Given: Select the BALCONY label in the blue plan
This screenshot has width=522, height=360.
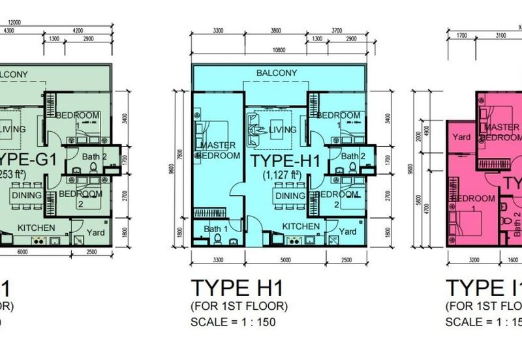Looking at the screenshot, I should coord(277,73).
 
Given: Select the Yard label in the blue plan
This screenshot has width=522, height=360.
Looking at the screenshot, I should coord(348,232).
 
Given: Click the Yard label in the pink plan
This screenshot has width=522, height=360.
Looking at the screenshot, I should coord(462,137).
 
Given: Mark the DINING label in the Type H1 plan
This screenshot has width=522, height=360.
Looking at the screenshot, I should coord(290,196).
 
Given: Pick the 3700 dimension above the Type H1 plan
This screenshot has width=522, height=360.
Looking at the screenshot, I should coord(337,30).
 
